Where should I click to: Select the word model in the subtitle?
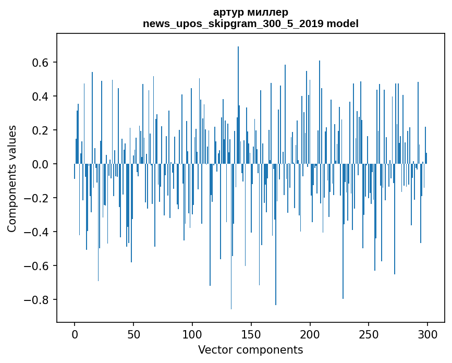(x=343, y=23)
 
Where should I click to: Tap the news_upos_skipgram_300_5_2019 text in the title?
(x=234, y=23)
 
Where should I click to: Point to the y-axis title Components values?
(x=12, y=178)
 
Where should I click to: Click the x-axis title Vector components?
(x=250, y=350)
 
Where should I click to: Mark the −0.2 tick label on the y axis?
(x=36, y=198)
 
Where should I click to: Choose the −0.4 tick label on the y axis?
(x=36, y=232)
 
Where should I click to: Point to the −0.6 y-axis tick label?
(x=36, y=266)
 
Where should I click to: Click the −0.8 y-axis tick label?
(x=36, y=300)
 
